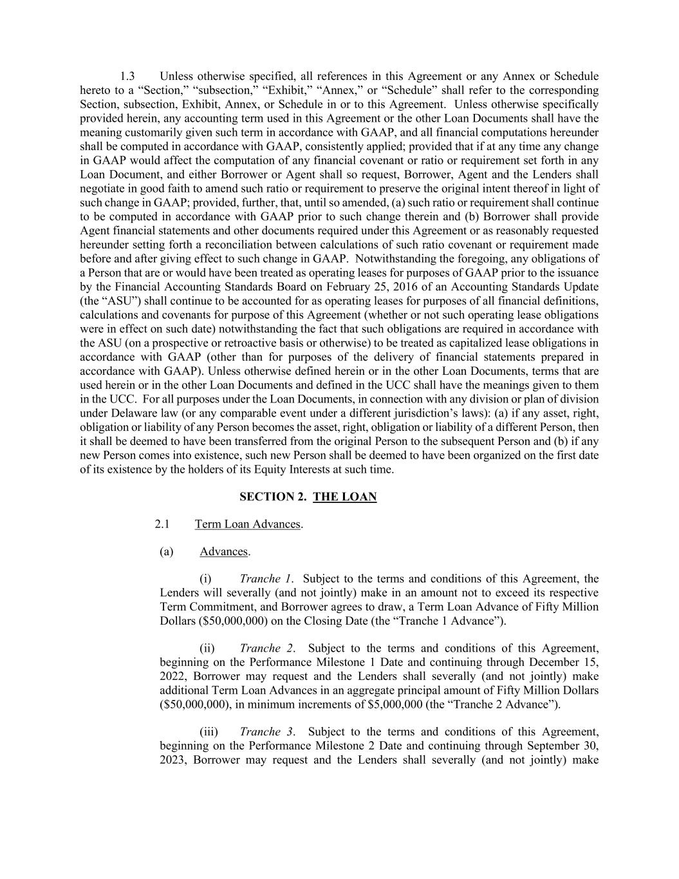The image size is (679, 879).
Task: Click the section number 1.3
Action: (x=127, y=76)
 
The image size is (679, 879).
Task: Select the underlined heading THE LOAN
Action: (x=344, y=496)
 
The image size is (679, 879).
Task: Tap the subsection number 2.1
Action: (x=162, y=524)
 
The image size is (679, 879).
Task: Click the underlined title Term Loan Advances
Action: (x=248, y=524)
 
